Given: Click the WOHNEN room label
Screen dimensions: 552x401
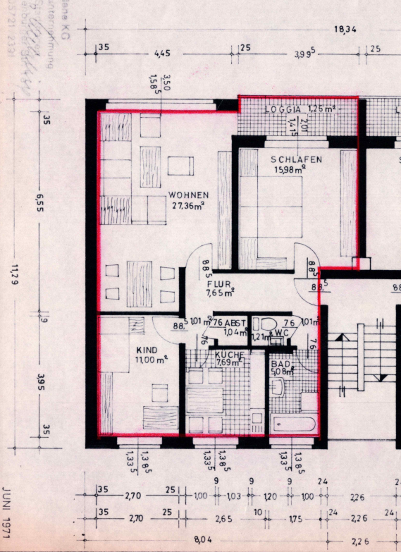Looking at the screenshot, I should point(187,195).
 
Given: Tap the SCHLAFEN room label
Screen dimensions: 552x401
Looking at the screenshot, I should point(297,160).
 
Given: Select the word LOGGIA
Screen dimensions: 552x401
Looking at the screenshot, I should point(284,110).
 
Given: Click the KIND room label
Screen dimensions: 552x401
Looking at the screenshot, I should point(147,348).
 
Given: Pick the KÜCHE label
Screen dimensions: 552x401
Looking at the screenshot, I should point(230,354).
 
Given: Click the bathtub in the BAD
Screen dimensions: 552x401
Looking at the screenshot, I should point(294,424).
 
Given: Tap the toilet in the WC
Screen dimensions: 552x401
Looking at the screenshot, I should point(269,325).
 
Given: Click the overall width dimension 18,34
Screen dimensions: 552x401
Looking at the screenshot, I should point(345,29).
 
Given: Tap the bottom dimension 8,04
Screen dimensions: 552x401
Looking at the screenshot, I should point(203,539).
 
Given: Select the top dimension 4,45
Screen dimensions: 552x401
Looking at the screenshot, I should point(163,53).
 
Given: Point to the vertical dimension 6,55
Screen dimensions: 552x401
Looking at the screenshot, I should point(41,204).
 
